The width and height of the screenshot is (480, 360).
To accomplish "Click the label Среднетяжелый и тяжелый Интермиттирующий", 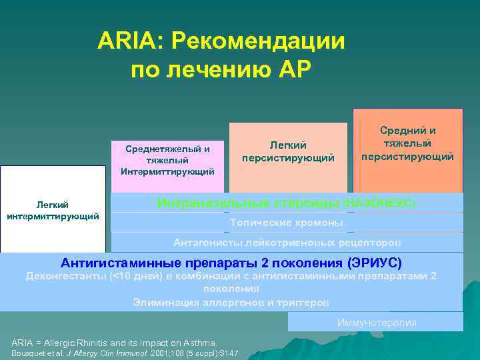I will tap(167, 160).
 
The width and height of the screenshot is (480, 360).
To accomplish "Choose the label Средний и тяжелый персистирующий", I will tap(407, 143).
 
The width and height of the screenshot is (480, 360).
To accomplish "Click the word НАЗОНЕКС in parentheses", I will tap(381, 203).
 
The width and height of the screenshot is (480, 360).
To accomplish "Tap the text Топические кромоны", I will tap(287, 222).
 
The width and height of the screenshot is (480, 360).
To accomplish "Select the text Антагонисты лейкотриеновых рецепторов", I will tap(287, 241).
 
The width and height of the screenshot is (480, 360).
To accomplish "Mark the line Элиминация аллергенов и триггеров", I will tap(231, 302).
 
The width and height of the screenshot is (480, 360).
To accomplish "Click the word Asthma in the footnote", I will tap(199, 342).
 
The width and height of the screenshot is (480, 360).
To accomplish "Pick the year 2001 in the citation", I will tap(162, 353).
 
